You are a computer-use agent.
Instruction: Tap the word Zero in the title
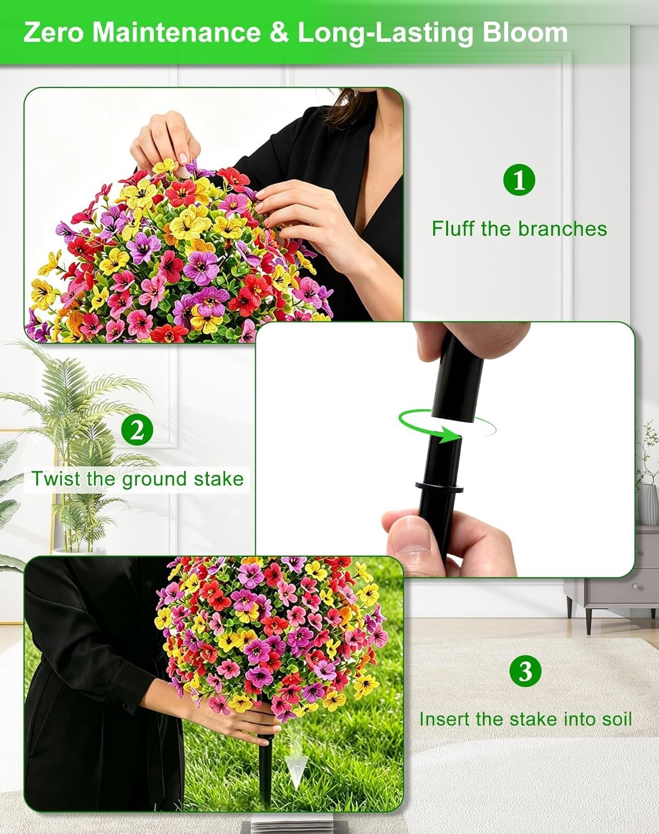click(53, 33)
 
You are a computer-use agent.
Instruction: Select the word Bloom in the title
click(526, 33)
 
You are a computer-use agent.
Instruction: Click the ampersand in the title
click(280, 33)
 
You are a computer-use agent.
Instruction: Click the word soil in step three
click(617, 719)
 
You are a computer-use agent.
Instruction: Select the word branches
click(562, 229)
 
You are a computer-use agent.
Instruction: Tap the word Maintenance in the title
click(176, 33)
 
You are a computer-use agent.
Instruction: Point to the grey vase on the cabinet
click(648, 504)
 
